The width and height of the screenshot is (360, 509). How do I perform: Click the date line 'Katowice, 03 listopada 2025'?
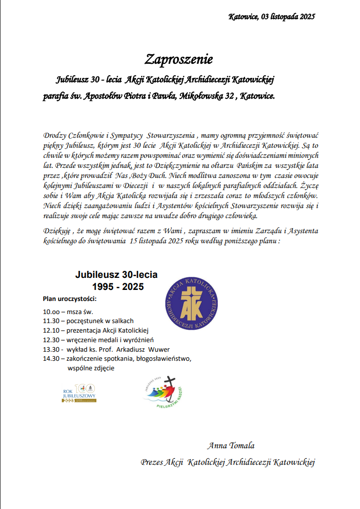[271, 17]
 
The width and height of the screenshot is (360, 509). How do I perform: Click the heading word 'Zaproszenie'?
[179, 59]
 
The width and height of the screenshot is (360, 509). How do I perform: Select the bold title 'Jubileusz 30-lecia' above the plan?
[116, 275]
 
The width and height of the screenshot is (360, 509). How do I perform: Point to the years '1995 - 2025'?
[117, 287]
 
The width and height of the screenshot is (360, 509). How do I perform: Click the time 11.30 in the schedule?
[51, 321]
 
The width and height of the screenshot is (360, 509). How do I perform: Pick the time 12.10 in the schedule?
[51, 331]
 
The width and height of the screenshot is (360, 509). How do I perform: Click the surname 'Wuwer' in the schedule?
[159, 350]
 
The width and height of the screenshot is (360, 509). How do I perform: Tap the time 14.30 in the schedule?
[51, 359]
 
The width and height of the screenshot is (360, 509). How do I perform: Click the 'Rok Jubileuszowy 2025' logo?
[79, 393]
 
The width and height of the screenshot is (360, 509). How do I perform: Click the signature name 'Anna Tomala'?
[230, 446]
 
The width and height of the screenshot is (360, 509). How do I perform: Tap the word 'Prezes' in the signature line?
[152, 462]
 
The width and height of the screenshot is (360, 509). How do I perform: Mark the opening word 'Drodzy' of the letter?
[55, 136]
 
